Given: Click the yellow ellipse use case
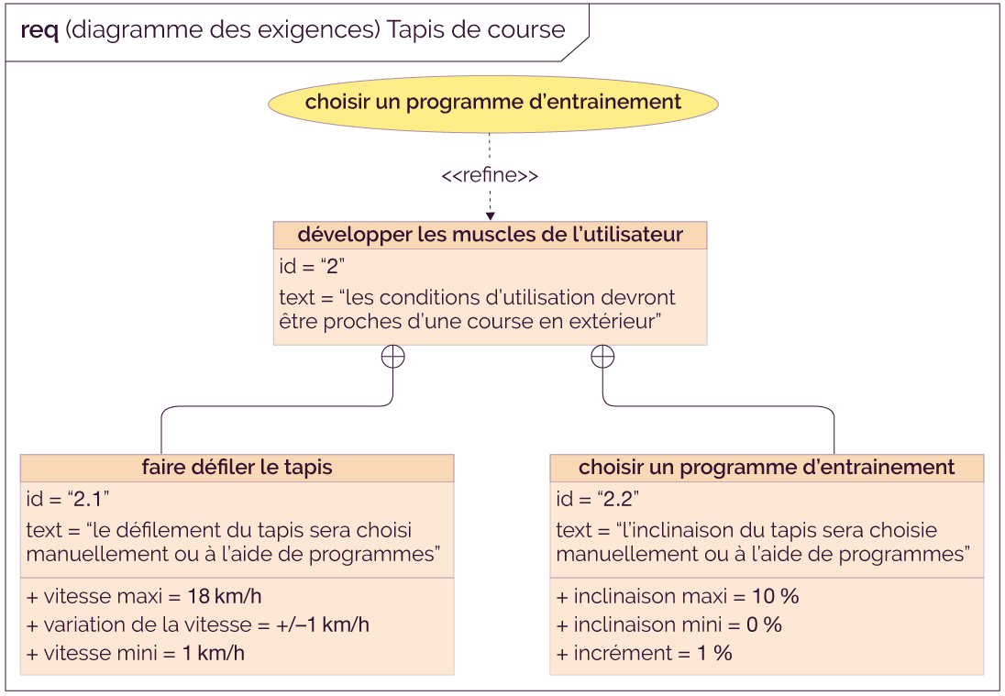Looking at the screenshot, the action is (493, 104).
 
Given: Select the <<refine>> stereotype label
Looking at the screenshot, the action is (490, 175).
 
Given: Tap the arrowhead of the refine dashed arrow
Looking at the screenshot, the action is (491, 216).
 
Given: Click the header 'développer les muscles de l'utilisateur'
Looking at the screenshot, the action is (491, 235).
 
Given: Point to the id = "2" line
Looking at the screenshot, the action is (312, 265).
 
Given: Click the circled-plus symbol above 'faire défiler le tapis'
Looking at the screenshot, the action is (392, 357).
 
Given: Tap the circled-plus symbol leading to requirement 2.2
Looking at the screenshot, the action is (602, 357).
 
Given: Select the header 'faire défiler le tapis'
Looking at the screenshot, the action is (237, 467).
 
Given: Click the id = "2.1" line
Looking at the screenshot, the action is (68, 498).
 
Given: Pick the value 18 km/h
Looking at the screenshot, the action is (225, 596).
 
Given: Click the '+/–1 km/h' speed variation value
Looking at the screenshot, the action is (323, 624).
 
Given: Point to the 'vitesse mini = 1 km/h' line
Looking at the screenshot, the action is (135, 652).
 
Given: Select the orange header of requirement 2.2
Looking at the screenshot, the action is (767, 467).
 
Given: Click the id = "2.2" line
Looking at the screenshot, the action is (597, 498).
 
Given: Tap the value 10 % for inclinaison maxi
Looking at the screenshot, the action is (776, 596).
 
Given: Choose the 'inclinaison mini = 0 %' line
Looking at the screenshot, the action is (669, 624).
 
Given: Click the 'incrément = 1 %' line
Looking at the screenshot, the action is (644, 652).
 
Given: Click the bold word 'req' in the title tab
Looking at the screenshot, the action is (39, 30).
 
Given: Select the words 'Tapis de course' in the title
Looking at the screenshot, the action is (476, 29).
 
